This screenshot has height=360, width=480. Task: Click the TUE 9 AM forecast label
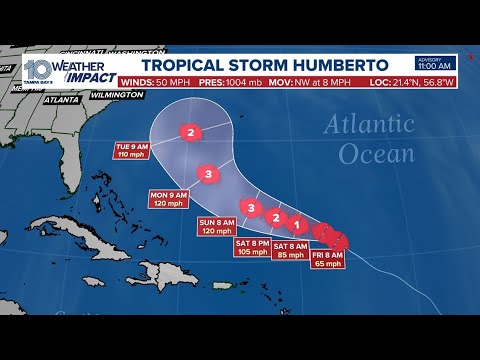[x=131, y=152]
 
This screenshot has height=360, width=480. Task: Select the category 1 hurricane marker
[x=297, y=224]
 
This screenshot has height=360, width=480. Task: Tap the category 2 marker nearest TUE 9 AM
[x=190, y=131]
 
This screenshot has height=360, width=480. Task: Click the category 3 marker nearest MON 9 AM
[x=208, y=174]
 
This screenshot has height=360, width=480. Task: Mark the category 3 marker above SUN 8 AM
[x=252, y=208]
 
